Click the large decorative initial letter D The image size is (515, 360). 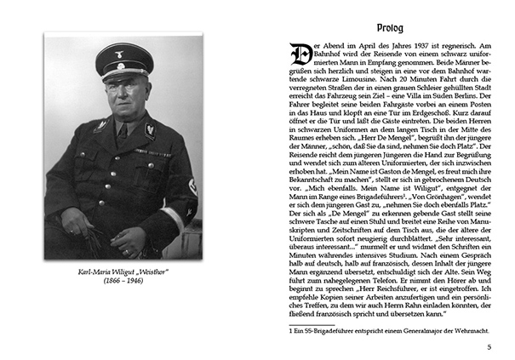[300, 55]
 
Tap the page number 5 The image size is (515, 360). [489, 347]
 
